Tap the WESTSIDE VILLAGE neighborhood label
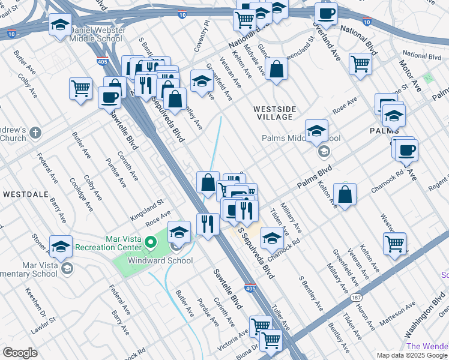[x=274, y=113]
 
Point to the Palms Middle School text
[x=301, y=139]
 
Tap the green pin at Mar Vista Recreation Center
[x=151, y=243]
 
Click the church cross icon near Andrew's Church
[x=35, y=132]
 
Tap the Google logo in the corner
[x=20, y=353]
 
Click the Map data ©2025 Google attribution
[x=412, y=355]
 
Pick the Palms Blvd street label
[x=316, y=178]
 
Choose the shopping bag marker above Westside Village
[x=276, y=70]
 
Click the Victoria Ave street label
[x=234, y=339]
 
